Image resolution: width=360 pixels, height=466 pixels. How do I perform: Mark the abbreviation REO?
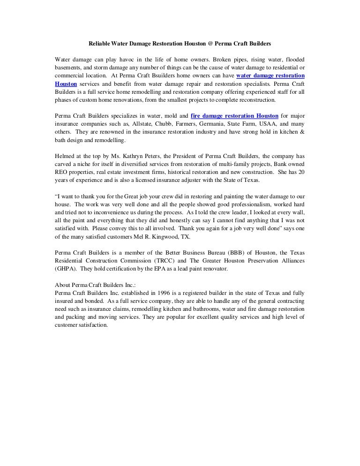[61, 172]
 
